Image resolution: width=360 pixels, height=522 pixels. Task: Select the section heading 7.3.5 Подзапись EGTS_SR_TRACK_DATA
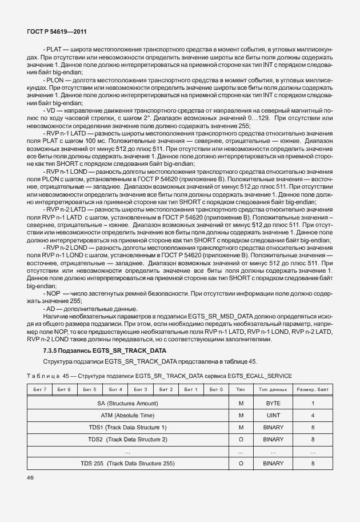tap(105, 350)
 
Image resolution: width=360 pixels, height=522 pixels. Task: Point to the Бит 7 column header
tap(39, 389)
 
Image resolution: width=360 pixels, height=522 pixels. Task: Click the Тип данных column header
tap(273, 389)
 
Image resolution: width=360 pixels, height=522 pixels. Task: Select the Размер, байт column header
tap(313, 389)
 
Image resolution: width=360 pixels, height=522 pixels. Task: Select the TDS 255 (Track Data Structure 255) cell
tap(127, 463)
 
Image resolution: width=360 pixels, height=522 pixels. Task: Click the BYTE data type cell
tap(273, 403)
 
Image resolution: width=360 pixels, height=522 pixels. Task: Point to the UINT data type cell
tap(273, 415)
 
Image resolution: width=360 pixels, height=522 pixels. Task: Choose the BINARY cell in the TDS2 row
tap(273, 439)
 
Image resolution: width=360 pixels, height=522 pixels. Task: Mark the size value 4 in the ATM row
tap(313, 415)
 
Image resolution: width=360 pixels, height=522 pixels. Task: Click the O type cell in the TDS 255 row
tap(241, 463)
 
